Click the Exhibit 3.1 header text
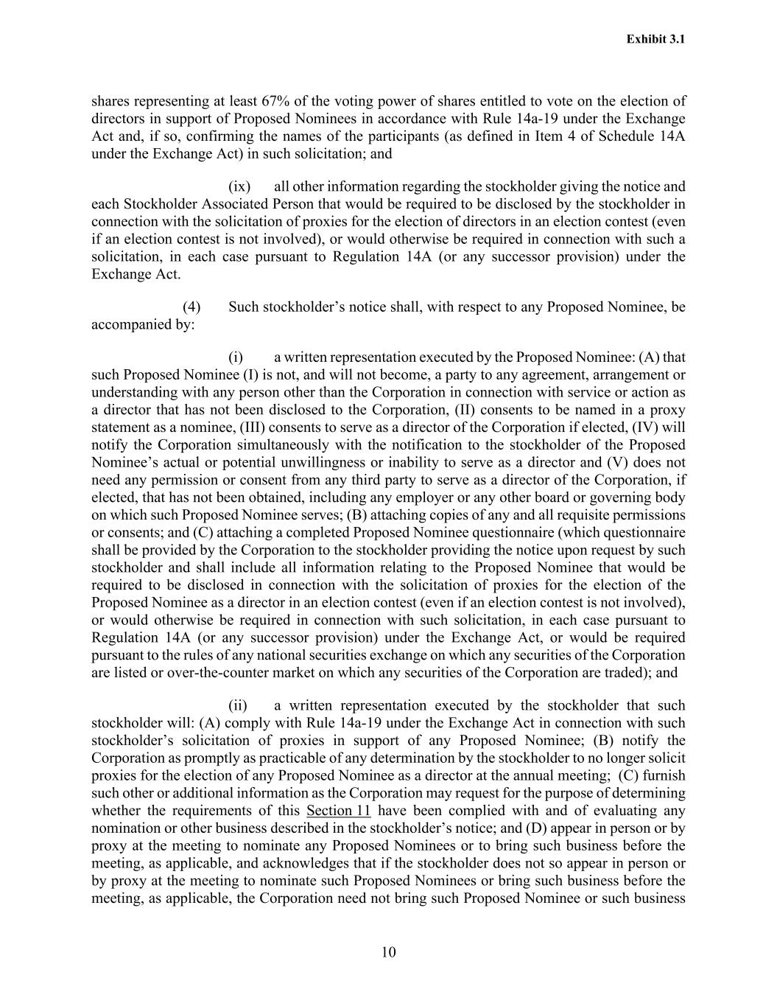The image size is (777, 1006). tap(655, 39)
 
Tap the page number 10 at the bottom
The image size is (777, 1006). tap(389, 951)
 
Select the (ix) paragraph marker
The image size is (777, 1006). tap(239, 186)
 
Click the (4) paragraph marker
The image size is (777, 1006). tap(191, 307)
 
